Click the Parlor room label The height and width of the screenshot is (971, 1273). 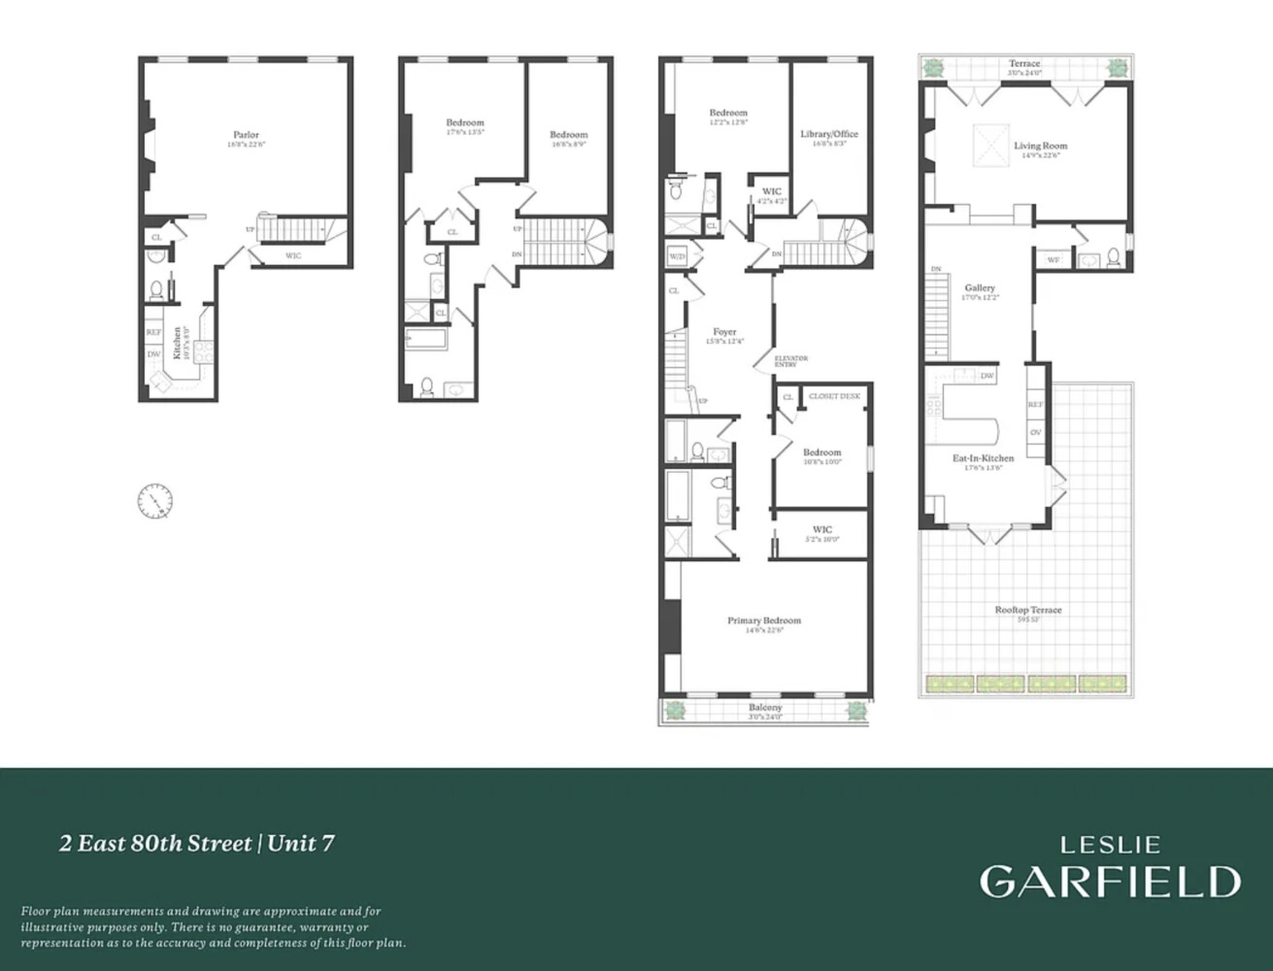246,135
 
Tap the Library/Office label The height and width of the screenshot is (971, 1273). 828,134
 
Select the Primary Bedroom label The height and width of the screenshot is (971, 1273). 764,620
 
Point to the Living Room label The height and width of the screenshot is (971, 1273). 1040,146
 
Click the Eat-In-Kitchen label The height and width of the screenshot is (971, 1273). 983,458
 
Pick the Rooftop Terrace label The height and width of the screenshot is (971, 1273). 1027,610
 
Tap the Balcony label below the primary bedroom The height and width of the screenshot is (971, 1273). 765,708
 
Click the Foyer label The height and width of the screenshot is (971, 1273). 724,332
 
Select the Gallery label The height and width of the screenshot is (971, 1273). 979,288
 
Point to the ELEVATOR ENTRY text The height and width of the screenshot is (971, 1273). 790,361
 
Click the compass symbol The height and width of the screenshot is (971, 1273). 154,501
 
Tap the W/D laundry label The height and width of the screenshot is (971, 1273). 676,256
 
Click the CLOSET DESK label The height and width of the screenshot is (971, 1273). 834,396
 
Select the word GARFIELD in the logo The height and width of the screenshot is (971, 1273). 1109,881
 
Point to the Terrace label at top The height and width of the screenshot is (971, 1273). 1023,64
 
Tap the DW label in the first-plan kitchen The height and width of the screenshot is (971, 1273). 153,354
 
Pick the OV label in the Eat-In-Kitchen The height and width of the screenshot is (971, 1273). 1035,432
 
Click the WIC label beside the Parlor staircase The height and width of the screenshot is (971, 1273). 292,256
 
